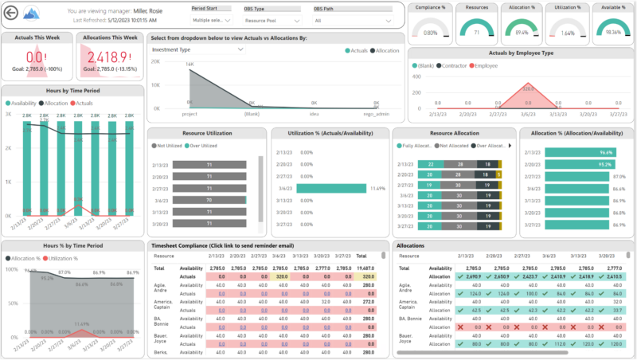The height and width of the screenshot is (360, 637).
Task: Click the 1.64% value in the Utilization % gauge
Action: click(x=564, y=33)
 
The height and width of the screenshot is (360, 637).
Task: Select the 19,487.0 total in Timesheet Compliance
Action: click(x=366, y=268)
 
